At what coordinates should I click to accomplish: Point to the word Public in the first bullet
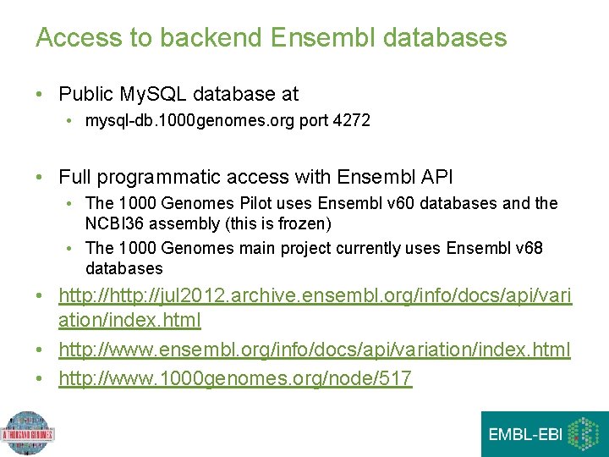(86, 94)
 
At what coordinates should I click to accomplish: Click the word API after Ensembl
(436, 177)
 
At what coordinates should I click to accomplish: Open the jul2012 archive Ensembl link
(315, 297)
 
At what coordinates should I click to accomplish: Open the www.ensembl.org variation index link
(315, 350)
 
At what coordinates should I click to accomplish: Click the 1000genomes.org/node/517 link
(235, 378)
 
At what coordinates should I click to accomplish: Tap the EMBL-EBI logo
(545, 433)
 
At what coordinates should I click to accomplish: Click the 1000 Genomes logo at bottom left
(28, 433)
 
